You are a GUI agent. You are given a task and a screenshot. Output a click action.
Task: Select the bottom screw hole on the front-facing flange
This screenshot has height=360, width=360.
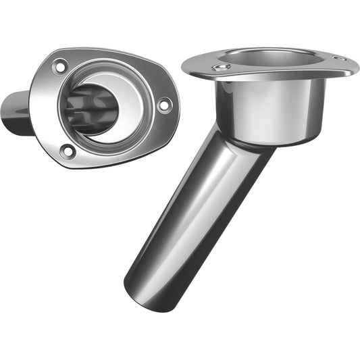67,151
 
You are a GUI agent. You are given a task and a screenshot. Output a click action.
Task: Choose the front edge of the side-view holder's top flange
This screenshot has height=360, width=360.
263,80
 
